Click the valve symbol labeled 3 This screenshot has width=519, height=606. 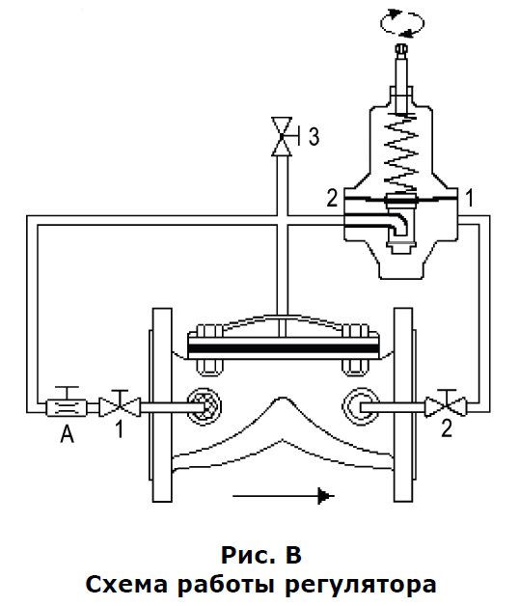(x=282, y=136)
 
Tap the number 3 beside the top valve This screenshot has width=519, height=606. (x=314, y=136)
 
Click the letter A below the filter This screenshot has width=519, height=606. (x=67, y=433)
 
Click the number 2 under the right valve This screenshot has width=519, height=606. (x=447, y=428)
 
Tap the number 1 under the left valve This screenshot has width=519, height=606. (x=121, y=428)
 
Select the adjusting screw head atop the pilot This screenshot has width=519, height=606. (x=401, y=49)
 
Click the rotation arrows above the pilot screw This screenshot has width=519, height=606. (x=402, y=23)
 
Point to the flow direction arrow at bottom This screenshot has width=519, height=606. (x=284, y=495)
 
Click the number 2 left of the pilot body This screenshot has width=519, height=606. (x=333, y=198)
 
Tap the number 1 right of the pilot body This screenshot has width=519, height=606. (x=469, y=198)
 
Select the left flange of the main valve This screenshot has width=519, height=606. (x=161, y=404)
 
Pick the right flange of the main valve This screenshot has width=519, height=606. (x=404, y=404)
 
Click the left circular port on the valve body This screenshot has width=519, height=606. (x=205, y=406)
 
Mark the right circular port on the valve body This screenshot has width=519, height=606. (x=360, y=406)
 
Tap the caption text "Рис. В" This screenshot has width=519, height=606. (x=261, y=556)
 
